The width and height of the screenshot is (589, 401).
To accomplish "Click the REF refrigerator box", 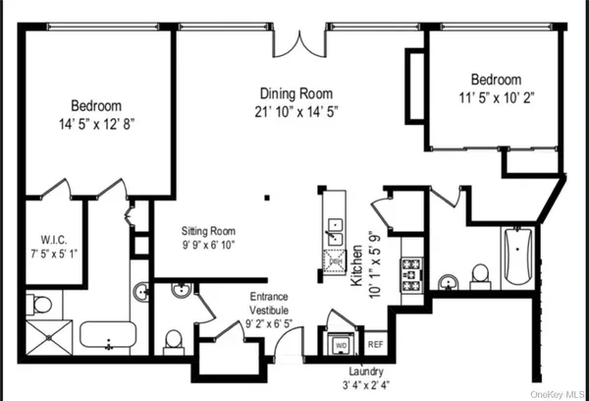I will coord(375,345).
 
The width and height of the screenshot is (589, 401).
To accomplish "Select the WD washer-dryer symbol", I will coord(341,345).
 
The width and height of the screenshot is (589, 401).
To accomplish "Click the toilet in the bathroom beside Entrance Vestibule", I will coord(174,339).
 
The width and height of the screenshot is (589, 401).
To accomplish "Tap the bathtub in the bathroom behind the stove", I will coord(518,257).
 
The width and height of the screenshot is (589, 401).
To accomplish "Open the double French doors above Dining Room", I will coord(296,40).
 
